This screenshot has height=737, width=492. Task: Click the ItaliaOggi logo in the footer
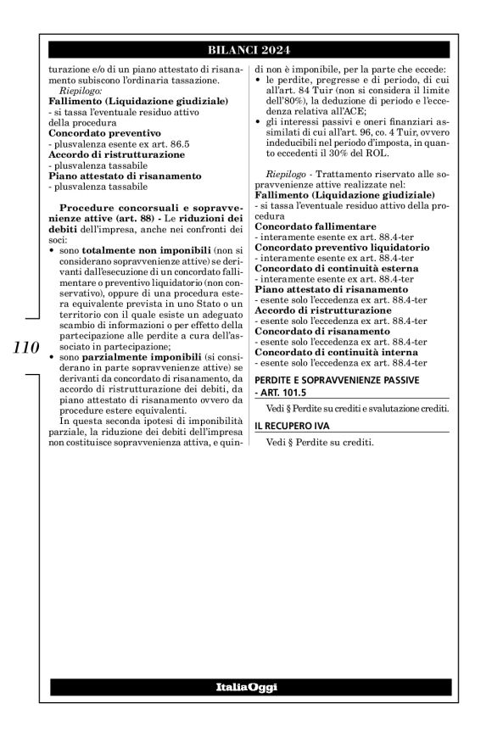click(245, 686)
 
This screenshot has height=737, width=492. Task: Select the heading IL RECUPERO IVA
click(299, 425)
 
